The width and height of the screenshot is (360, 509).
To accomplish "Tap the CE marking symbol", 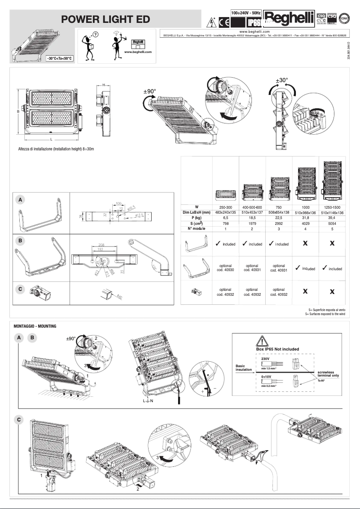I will click(223, 22).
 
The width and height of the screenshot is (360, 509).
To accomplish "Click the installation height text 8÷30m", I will click(56, 149).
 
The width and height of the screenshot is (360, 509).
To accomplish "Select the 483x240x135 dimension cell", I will click(226, 212).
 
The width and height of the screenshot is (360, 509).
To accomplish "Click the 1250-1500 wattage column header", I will click(332, 206).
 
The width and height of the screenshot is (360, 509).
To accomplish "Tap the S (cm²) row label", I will click(196, 224).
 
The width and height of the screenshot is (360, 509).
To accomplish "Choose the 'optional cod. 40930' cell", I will click(226, 268).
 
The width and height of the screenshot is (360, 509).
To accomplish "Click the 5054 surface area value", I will click(332, 224).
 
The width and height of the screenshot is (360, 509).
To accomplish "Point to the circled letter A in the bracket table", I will click(20, 198).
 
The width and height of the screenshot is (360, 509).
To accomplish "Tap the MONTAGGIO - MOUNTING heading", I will click(35, 326).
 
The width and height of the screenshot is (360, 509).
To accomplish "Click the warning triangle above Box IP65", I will click(261, 340).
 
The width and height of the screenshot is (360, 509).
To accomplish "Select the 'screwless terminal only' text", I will click(328, 374).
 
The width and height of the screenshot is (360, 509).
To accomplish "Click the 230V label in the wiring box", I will click(265, 359).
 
